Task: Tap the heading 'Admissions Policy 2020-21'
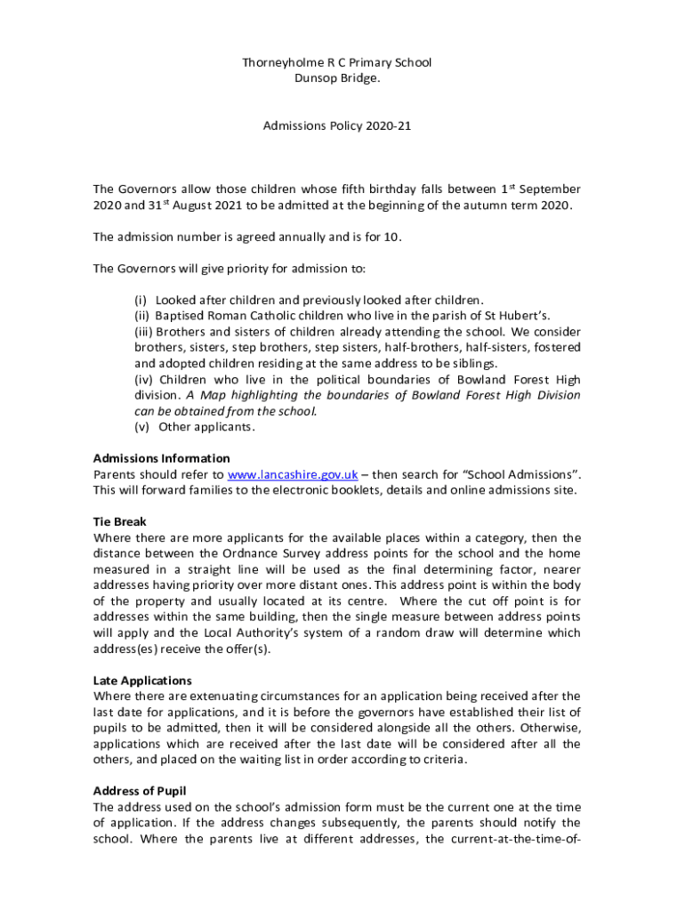tap(337, 126)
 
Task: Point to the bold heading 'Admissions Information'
tap(161, 458)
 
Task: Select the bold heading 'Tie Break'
tap(120, 521)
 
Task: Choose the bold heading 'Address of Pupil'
tap(140, 791)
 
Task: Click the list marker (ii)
tap(142, 315)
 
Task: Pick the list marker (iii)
tap(144, 331)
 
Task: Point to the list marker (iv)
tap(144, 379)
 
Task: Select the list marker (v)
tap(142, 427)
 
